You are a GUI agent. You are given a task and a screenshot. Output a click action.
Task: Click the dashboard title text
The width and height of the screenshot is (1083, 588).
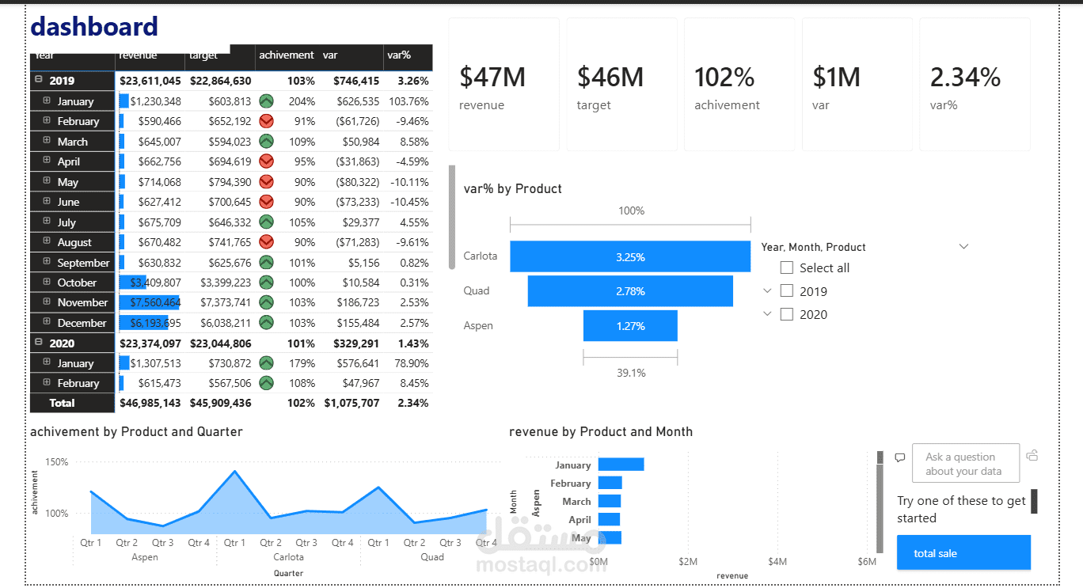pos(93,27)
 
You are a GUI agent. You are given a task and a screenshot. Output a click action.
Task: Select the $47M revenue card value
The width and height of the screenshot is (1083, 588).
pos(492,78)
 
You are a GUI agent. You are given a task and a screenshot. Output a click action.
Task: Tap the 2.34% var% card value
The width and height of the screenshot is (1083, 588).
pos(965,78)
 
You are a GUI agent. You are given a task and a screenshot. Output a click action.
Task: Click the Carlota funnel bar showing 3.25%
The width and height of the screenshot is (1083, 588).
pos(630,257)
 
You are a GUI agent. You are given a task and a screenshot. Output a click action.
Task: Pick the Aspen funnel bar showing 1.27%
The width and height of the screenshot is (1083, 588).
pos(630,326)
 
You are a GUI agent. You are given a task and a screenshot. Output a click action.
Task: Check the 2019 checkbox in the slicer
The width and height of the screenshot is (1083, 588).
pos(786,291)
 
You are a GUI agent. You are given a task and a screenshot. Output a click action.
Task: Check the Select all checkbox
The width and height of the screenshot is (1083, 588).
pos(786,267)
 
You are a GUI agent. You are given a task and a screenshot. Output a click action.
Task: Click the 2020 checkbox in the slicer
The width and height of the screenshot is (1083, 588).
pos(786,314)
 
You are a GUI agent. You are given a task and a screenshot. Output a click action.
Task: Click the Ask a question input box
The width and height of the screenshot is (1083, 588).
pos(965,463)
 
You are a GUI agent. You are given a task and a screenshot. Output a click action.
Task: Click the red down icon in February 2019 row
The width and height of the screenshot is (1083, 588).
pos(267,121)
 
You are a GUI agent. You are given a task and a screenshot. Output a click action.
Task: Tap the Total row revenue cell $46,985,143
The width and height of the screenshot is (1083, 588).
pos(150,403)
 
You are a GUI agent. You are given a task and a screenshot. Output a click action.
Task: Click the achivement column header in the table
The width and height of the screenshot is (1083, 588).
pos(286,55)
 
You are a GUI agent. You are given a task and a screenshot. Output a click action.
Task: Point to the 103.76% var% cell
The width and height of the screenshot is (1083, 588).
pos(408,101)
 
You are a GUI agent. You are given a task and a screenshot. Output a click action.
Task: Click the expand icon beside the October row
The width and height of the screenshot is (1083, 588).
pos(47,282)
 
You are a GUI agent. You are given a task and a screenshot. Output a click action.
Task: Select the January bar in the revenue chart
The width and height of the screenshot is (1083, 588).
pos(621,465)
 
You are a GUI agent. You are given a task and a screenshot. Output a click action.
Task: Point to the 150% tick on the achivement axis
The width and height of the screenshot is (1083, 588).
pos(57,462)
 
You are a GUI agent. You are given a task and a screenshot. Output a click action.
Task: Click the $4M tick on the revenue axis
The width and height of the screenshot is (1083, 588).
pos(777,562)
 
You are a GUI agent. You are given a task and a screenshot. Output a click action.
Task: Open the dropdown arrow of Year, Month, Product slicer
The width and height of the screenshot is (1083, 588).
pos(963,247)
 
